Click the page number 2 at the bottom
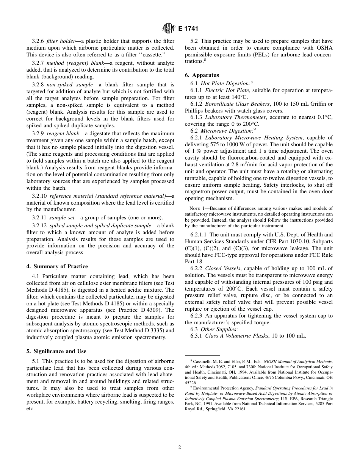point(180,447)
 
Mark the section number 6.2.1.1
point(199,235)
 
